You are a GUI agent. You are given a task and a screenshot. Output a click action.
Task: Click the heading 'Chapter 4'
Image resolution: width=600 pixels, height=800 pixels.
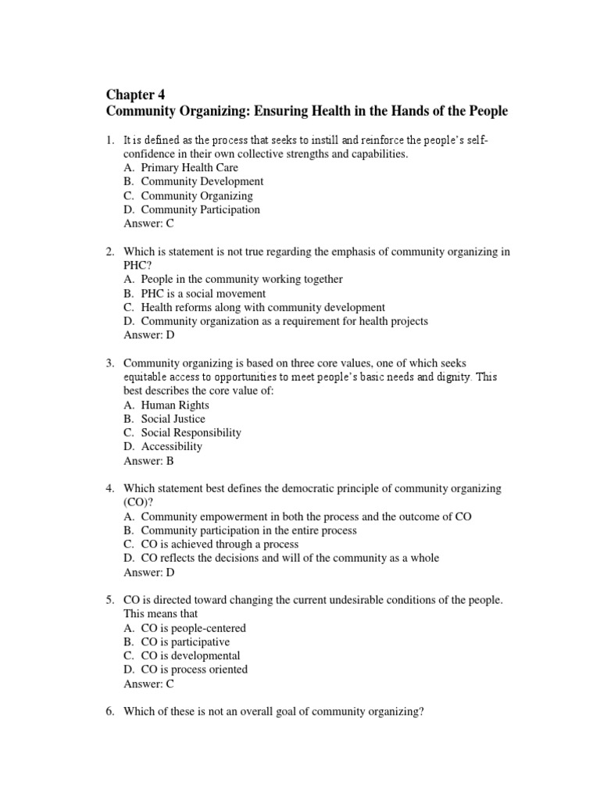[x=135, y=95]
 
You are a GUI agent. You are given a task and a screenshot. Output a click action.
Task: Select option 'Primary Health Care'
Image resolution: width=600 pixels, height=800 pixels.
[x=189, y=167]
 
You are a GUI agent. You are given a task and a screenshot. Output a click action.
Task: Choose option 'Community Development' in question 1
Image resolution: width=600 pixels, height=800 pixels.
[x=202, y=181]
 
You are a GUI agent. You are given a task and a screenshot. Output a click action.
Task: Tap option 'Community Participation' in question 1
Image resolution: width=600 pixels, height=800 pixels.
[x=200, y=209]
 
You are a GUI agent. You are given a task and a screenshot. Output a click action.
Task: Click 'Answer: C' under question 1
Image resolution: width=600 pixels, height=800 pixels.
[x=149, y=223]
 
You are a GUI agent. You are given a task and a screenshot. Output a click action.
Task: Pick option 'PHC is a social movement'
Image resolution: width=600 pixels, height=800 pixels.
[x=203, y=293]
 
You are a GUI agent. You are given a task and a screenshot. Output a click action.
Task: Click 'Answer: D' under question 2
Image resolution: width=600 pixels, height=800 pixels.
[x=149, y=335]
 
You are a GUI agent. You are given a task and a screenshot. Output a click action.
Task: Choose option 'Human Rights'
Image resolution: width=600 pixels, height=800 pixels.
[x=175, y=405]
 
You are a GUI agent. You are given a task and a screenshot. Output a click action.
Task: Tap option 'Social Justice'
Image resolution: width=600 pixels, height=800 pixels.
[x=173, y=419]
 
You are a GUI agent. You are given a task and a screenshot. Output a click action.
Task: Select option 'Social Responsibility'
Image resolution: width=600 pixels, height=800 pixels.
[x=191, y=433]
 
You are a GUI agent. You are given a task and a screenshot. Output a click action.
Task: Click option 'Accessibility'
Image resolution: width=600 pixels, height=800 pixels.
[x=171, y=447]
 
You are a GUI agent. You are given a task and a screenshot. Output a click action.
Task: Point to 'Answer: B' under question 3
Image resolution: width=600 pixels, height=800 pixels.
[x=149, y=461]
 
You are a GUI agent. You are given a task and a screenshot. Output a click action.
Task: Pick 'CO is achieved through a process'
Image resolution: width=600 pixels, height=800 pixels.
[x=220, y=544]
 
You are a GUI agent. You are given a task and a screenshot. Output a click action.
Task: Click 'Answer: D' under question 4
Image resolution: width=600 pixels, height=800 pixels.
[x=149, y=572]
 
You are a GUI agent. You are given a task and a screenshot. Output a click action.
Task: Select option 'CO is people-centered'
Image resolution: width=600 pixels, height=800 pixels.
[x=193, y=627]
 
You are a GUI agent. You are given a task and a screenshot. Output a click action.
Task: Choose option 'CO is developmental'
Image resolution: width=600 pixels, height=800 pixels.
[x=191, y=655]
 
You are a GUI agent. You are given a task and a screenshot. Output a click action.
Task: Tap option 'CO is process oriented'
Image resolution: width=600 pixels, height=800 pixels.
[x=194, y=670]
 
